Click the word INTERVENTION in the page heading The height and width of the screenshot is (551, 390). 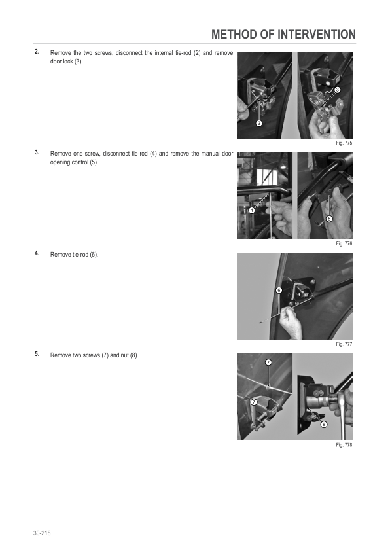point(317,35)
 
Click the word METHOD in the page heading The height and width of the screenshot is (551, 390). point(234,35)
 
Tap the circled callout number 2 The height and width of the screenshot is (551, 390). point(259,123)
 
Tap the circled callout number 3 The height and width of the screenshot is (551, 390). point(337,90)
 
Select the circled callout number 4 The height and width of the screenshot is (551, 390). point(251,211)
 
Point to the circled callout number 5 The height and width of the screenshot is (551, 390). point(329,219)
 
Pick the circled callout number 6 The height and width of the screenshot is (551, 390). point(279,291)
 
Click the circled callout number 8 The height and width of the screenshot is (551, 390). point(324,425)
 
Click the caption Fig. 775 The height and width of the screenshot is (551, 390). point(344,143)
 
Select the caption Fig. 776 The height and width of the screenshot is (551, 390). point(344,243)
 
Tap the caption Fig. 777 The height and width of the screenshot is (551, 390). point(344,344)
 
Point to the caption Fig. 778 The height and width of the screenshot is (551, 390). point(344,445)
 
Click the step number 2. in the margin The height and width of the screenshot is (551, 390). point(37,52)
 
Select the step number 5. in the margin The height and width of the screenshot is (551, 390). point(37,354)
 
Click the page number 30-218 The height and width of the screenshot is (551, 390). point(42,533)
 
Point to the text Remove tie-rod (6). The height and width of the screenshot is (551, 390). point(74,255)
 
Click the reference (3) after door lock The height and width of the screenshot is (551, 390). point(79,62)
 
